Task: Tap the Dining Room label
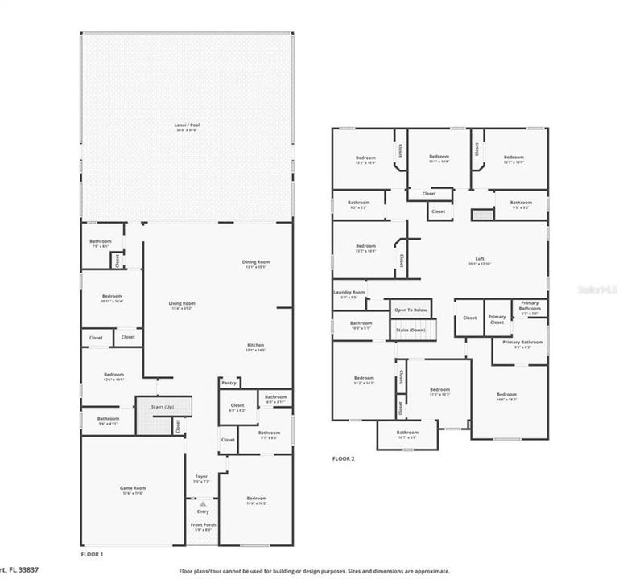pos(256,262)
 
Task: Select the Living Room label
pos(182,304)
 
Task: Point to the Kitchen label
pos(256,346)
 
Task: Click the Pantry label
pos(229,383)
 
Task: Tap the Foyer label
pos(201,477)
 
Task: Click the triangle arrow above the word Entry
pos(202,504)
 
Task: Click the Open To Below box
pos(411,309)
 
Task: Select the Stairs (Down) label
pos(411,330)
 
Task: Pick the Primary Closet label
pos(497,319)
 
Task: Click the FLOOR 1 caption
pos(93,554)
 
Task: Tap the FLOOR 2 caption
pos(344,459)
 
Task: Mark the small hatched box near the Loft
pos(481,215)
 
